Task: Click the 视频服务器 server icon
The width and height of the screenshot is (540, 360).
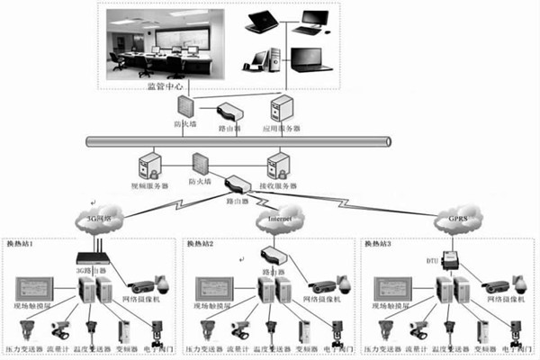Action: tap(148, 168)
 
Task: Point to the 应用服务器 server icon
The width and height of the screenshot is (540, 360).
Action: tap(281, 108)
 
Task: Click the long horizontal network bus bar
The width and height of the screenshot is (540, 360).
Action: tap(238, 142)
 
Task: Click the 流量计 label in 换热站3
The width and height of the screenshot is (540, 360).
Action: tap(412, 346)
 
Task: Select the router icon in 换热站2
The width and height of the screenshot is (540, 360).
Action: tap(273, 256)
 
